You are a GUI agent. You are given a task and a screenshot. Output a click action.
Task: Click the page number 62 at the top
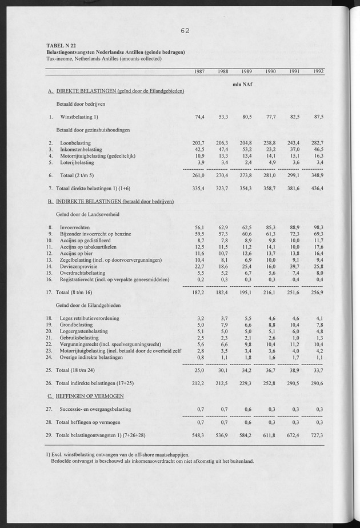tap(184, 31)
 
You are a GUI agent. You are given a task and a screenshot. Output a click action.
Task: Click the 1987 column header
tap(197, 71)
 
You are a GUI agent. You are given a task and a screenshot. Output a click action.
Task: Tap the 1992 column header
tap(315, 71)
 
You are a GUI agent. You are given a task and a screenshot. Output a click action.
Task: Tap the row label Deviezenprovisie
tap(79, 266)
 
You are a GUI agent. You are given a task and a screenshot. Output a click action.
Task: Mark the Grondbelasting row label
tap(77, 325)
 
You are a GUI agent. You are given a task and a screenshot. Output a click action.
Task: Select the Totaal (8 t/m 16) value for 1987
tap(196, 292)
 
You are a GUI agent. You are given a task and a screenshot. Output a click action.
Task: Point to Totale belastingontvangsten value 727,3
tap(315, 435)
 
